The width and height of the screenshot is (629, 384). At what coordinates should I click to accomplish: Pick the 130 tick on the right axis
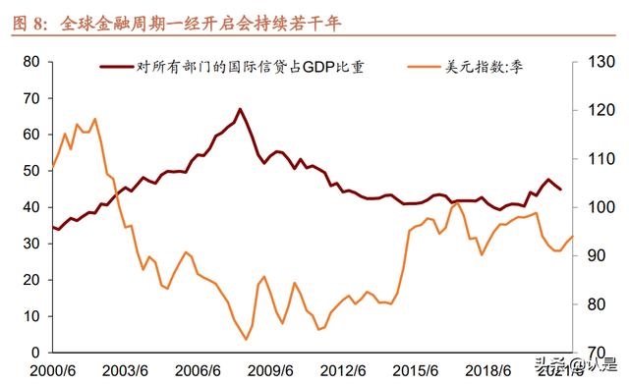[601, 62]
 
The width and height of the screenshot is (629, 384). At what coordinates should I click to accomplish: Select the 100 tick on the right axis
[601, 207]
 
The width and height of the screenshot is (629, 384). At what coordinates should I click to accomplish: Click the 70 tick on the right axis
[598, 352]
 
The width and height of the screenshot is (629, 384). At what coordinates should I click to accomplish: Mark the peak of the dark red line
[240, 109]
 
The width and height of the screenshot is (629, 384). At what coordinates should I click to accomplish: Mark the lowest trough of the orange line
[246, 340]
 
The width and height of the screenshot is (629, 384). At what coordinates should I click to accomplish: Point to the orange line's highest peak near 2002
[95, 119]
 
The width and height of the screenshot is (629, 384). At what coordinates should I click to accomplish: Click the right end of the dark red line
[561, 190]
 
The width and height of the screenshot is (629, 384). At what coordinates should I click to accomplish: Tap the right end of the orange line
[573, 237]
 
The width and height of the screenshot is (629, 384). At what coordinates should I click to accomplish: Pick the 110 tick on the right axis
[601, 159]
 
